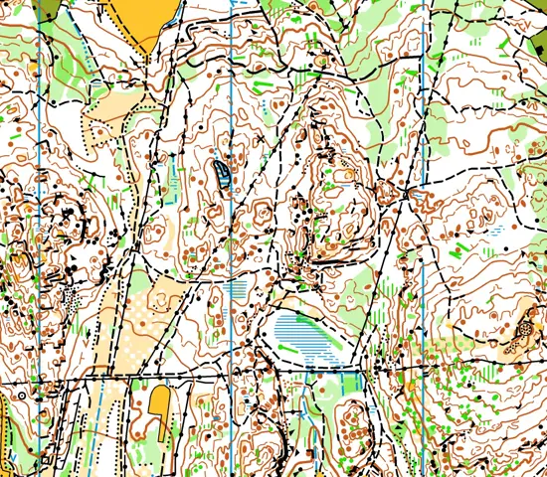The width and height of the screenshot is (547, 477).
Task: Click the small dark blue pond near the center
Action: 222,173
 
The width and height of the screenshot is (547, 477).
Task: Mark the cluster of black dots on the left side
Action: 69,294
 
